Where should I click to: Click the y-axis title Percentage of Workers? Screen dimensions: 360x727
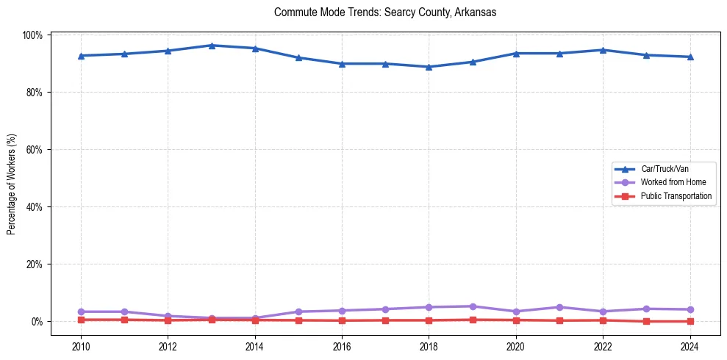click(x=11, y=184)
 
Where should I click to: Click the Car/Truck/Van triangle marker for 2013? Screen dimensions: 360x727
click(x=212, y=46)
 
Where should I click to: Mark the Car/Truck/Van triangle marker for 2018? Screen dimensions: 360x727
click(x=429, y=67)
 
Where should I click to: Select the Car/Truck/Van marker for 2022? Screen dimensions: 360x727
click(x=603, y=50)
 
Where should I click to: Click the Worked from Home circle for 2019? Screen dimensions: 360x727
click(x=473, y=306)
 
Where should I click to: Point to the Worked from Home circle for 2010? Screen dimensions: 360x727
click(x=81, y=312)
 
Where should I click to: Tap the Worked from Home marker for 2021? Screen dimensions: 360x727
click(x=559, y=307)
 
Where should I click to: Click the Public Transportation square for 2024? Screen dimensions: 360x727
click(x=690, y=321)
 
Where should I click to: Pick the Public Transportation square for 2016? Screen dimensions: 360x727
click(x=342, y=320)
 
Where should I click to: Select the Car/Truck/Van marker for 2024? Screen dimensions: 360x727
click(x=690, y=57)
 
